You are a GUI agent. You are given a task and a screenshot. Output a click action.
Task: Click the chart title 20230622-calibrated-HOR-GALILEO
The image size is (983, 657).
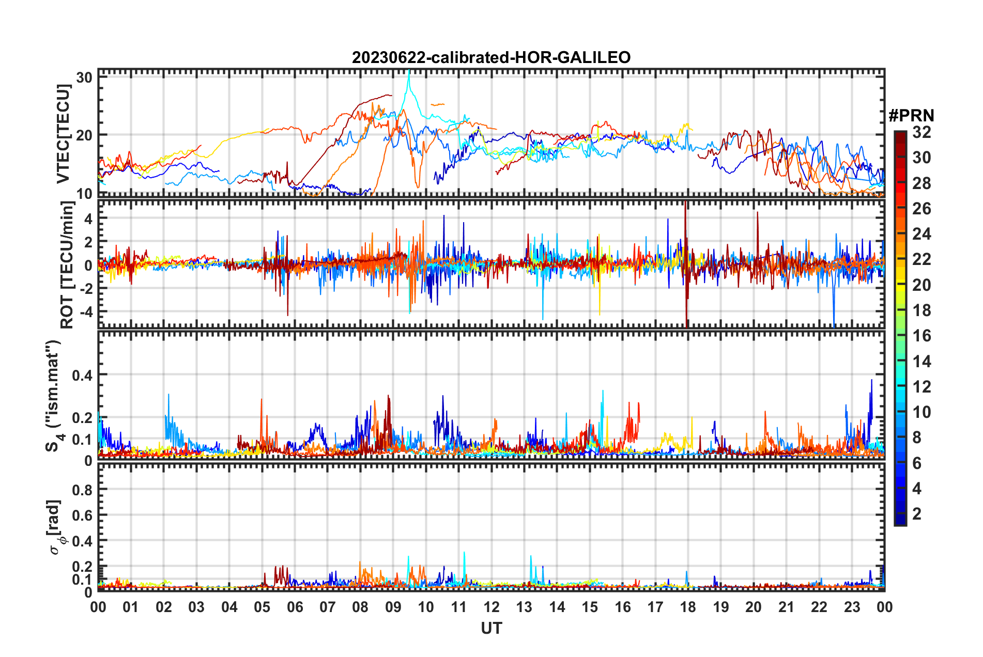pos(491,57)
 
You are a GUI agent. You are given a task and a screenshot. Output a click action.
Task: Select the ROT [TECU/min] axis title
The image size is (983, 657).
pos(67,265)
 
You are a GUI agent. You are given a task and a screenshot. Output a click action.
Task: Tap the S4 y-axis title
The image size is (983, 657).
pos(54,396)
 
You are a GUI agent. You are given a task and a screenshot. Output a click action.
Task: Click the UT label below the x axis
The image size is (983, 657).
pos(491,629)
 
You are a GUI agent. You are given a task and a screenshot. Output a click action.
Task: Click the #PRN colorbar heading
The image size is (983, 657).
pos(911,115)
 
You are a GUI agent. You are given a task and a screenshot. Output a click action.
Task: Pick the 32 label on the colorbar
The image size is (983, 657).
pos(921,132)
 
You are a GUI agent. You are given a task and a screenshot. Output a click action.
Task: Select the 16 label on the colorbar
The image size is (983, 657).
pos(921,336)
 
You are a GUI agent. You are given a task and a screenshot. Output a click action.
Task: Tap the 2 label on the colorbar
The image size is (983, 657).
pos(917,514)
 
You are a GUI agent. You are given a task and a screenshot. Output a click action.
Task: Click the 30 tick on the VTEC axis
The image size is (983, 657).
pos(84,78)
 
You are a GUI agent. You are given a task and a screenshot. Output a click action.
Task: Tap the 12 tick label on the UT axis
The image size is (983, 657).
pos(491,607)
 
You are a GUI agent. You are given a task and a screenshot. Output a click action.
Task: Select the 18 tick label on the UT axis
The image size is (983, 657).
pos(688,607)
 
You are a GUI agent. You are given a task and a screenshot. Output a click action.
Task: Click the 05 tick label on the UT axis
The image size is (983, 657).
pos(262,607)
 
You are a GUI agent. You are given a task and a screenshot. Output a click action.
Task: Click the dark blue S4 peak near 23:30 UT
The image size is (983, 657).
pos(871,381)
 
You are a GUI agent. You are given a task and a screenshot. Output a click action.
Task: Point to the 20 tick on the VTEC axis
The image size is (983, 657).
pos(84,135)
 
